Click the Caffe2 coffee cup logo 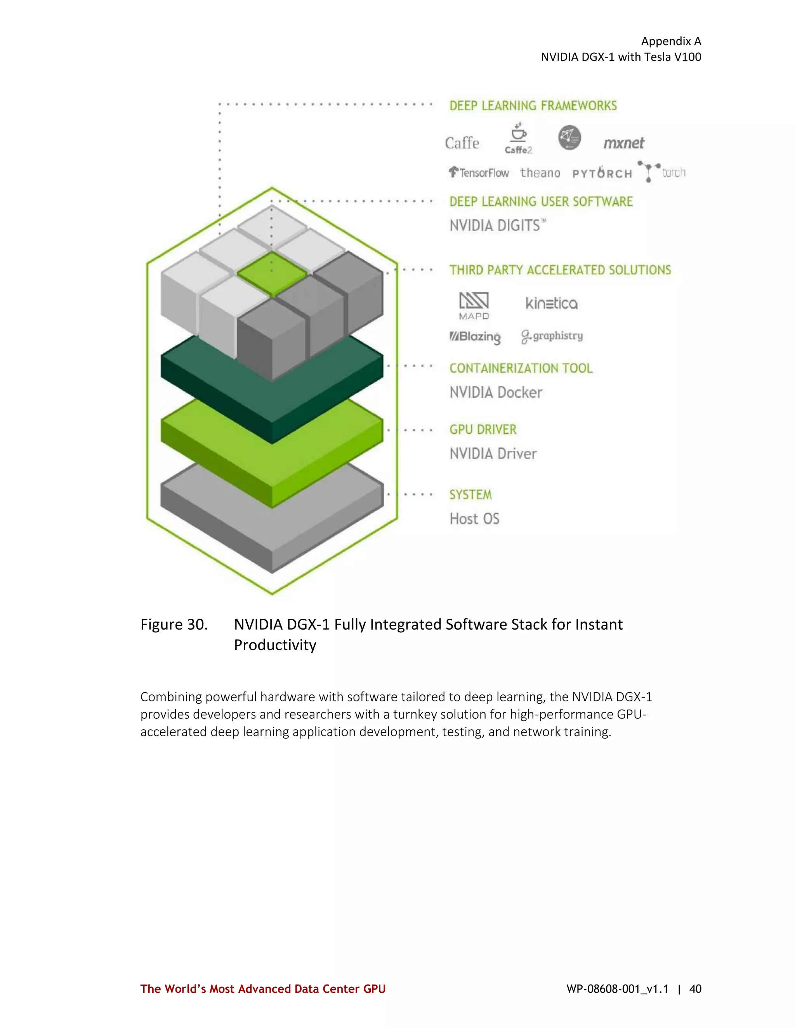(518, 138)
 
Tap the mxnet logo (623, 143)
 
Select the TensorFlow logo (479, 173)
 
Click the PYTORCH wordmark (602, 173)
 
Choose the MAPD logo (474, 305)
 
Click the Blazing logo (475, 337)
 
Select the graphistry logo (552, 336)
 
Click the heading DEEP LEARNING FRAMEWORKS (533, 106)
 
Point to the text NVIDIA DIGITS (497, 226)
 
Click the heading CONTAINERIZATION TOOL (521, 368)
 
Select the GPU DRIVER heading (483, 430)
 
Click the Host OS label (474, 519)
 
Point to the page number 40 (695, 989)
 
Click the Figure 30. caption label (174, 624)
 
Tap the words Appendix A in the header (671, 42)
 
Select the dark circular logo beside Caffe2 (569, 137)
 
